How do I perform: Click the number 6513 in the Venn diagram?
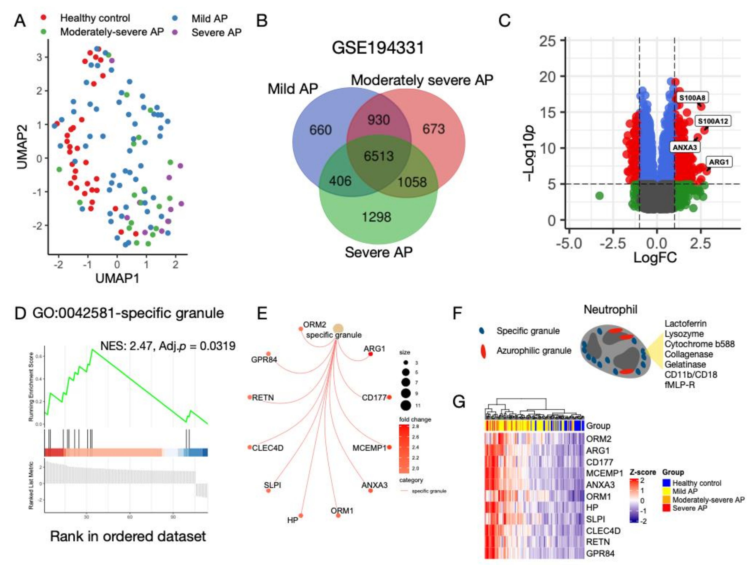pos(379,156)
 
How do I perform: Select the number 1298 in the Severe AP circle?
pos(376,217)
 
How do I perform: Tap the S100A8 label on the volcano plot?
pos(692,98)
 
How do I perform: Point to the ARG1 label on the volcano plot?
pos(719,162)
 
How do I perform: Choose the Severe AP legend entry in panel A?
pos(216,33)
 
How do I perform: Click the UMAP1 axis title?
pos(117,278)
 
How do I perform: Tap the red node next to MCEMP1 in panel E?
pos(389,447)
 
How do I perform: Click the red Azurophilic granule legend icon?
pos(483,351)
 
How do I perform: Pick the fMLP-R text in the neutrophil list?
pos(679,385)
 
